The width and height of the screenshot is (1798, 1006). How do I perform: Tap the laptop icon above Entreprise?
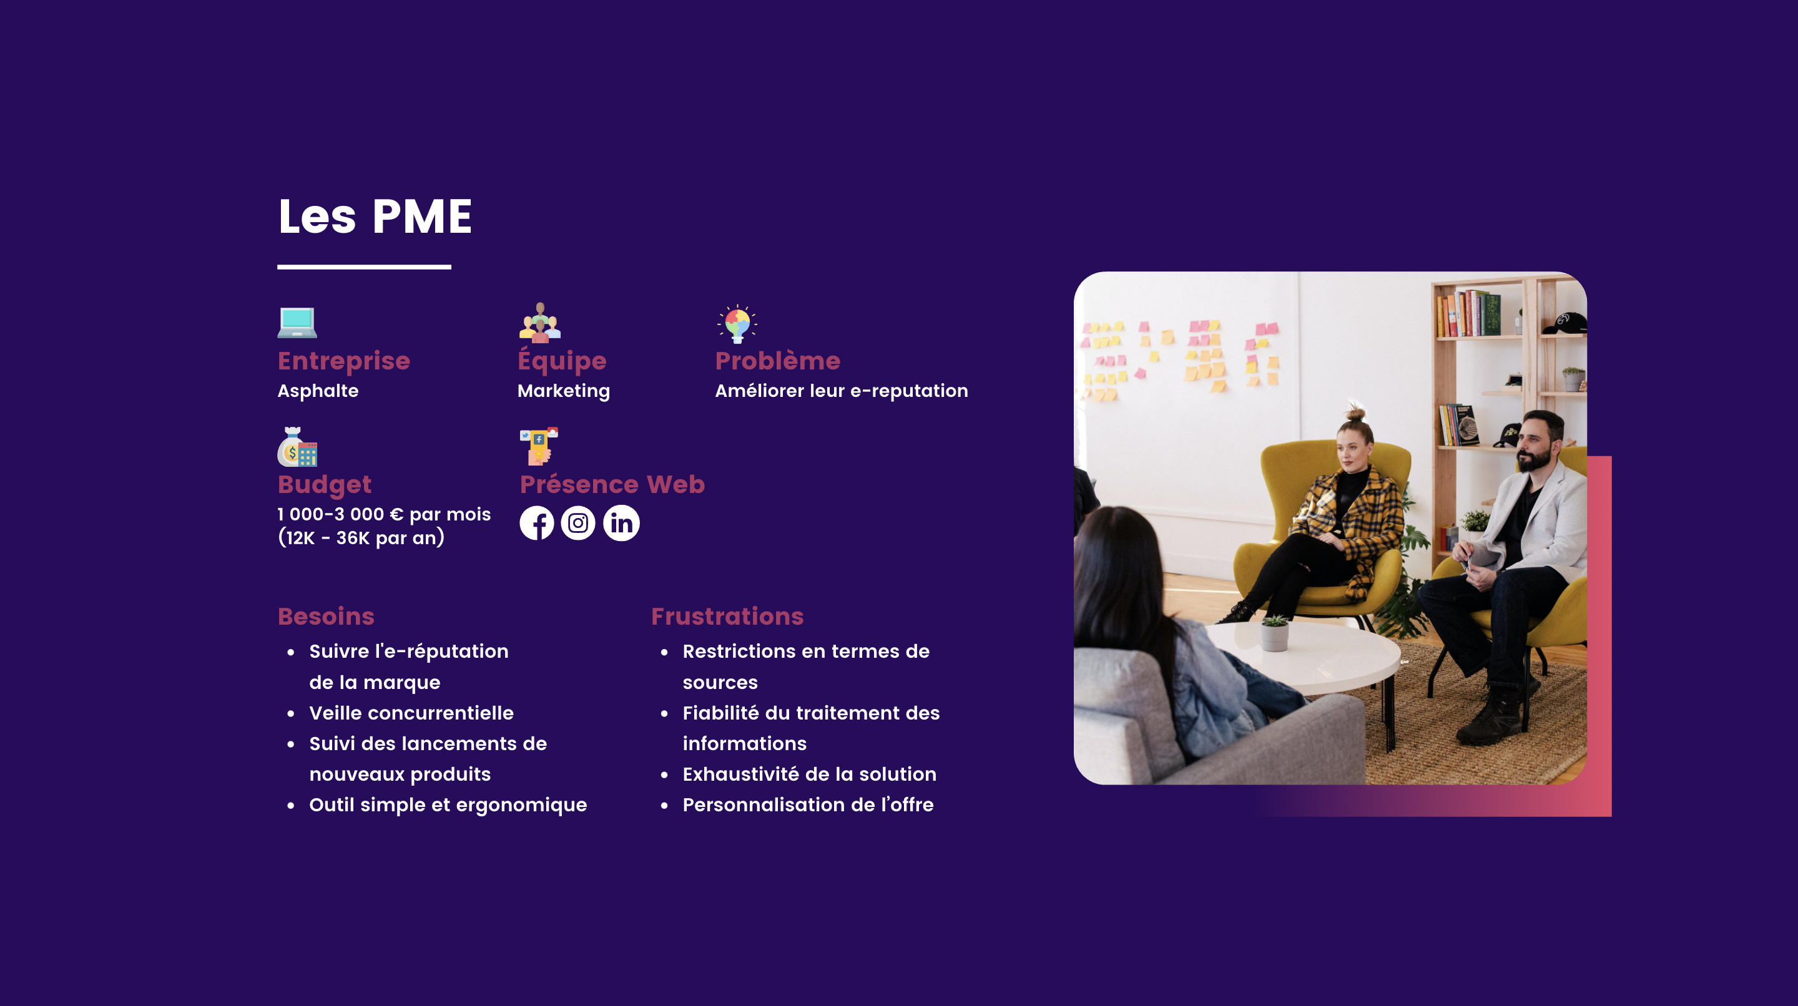[297, 322]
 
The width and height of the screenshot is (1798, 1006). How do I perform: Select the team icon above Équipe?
[539, 322]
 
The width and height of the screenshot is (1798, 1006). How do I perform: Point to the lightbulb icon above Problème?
[737, 324]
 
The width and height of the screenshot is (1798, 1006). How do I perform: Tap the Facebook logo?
[537, 522]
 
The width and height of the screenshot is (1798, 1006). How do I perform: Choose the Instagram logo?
[578, 522]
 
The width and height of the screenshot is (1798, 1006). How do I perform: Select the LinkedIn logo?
[621, 522]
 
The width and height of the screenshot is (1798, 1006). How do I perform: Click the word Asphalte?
[318, 391]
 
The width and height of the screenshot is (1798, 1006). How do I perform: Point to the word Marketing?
[563, 391]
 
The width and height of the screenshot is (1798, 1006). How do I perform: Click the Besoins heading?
[326, 616]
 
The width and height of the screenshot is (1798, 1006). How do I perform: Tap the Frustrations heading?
[727, 616]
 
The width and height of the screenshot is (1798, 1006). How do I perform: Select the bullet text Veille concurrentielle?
[411, 712]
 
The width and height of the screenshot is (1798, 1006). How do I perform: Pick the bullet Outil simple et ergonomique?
[448, 804]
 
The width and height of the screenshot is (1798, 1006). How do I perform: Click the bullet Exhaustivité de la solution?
[810, 774]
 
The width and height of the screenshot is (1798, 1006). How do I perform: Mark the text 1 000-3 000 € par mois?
[384, 514]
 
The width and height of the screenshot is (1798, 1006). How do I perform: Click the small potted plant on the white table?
[1274, 632]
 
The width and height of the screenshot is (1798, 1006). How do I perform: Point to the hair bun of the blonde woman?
[1355, 413]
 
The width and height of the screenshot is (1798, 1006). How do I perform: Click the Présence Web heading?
[612, 484]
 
